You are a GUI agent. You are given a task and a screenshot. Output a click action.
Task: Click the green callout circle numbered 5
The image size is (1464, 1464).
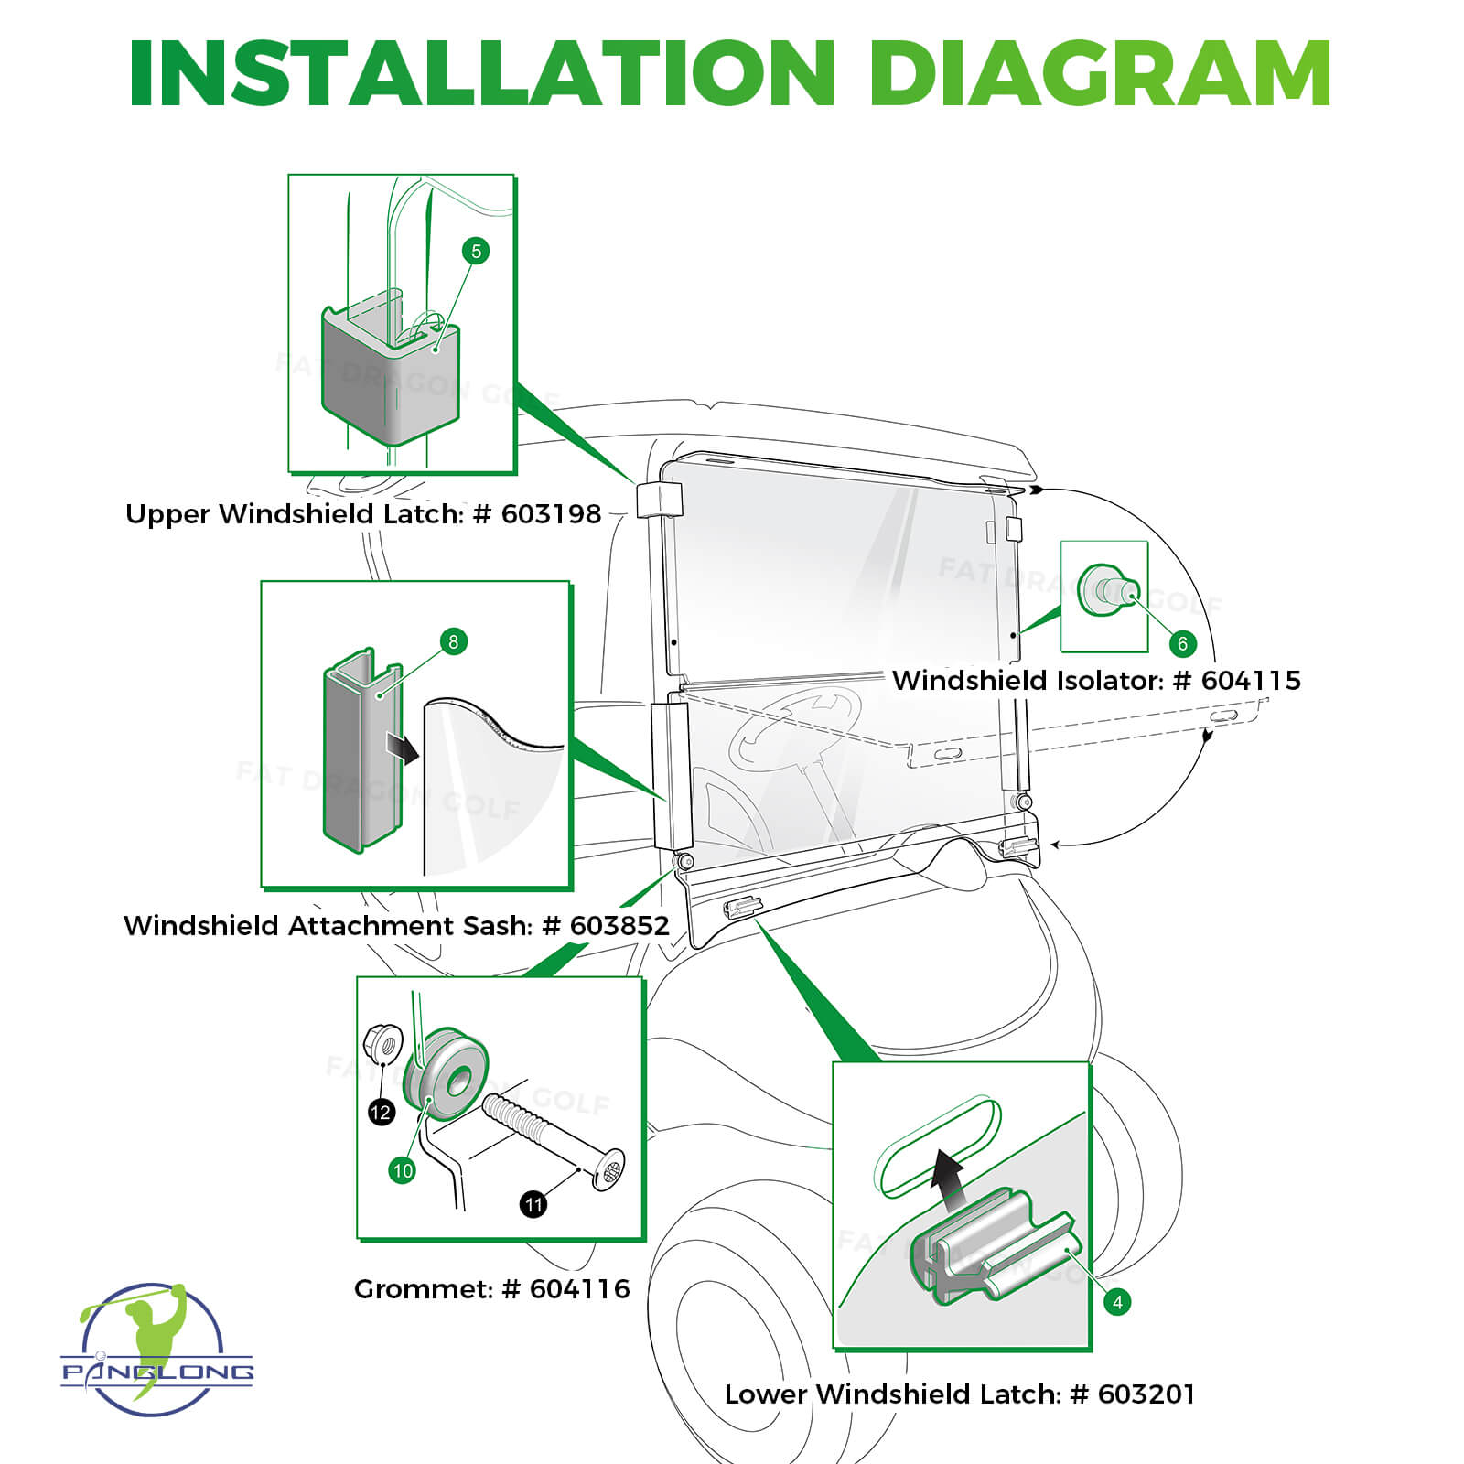(475, 251)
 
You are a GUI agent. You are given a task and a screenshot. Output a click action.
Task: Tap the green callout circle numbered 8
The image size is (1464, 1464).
(453, 641)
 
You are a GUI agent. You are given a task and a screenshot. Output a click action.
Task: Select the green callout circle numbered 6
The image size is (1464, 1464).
(1182, 643)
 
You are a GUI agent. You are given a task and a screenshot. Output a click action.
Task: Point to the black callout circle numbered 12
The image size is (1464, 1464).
(381, 1113)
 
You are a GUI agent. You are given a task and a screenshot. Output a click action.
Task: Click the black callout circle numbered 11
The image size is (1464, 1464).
(533, 1204)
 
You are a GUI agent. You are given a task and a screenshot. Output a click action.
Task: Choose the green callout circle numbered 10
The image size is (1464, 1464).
(403, 1170)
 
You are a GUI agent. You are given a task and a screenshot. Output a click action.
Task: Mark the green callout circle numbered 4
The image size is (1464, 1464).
(1117, 1302)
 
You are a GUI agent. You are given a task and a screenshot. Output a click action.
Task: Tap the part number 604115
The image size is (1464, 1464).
(1250, 681)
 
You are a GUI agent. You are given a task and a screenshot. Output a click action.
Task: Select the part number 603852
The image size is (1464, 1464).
(619, 926)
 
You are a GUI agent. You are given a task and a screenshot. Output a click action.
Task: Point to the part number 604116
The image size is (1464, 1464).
(579, 1289)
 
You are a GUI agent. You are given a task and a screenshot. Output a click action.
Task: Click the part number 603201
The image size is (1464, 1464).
(1146, 1394)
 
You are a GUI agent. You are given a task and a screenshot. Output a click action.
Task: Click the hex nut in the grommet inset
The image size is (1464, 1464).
(384, 1043)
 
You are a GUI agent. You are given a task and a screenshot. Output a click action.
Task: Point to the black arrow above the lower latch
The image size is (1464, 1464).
(949, 1175)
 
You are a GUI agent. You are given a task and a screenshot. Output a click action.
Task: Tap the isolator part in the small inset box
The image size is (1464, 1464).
(1105, 591)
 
